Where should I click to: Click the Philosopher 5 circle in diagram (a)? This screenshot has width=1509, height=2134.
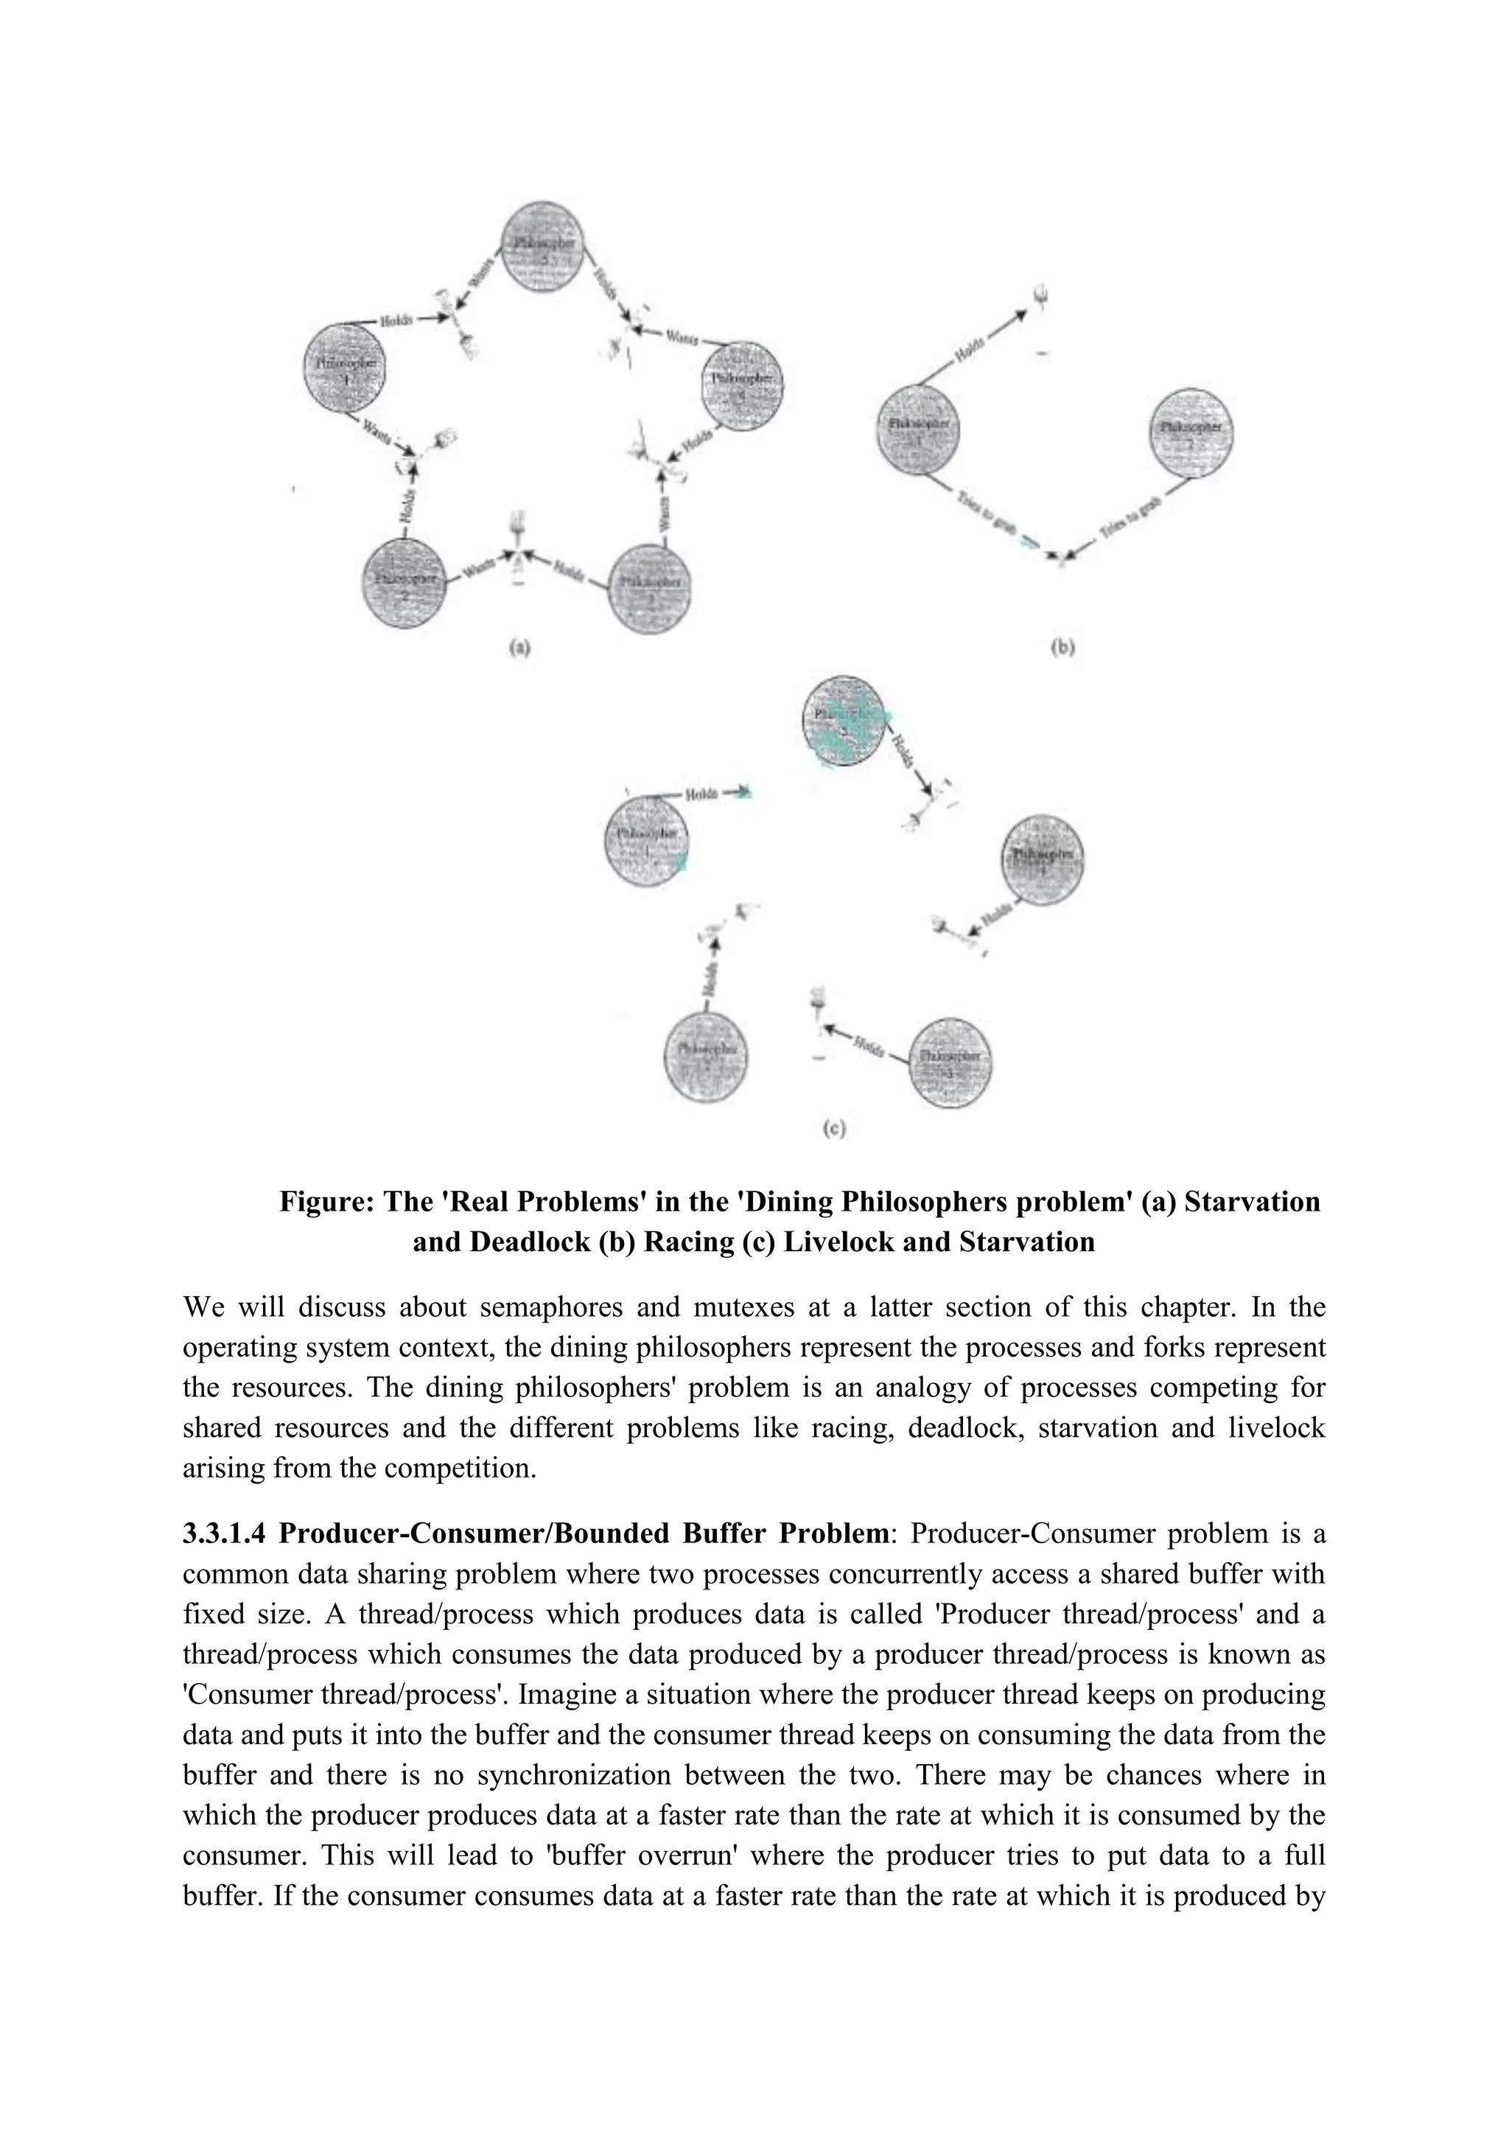(544, 245)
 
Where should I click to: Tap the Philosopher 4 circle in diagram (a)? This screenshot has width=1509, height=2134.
(743, 384)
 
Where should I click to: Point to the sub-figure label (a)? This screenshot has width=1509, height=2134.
(519, 648)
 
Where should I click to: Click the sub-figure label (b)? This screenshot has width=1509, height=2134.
(1062, 648)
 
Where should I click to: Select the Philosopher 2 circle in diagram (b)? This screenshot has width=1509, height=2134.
(1190, 431)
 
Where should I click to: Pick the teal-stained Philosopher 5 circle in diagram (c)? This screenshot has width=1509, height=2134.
(844, 721)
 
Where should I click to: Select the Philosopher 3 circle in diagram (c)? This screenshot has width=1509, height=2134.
(949, 1063)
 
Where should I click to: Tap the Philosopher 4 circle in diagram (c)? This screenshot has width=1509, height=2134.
(1042, 858)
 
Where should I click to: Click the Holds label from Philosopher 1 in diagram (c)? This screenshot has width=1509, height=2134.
(701, 794)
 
